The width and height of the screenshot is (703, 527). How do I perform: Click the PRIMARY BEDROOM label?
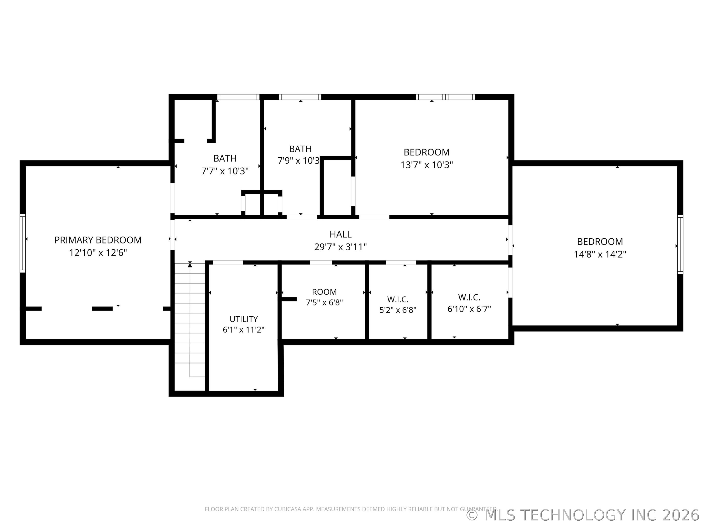pos(98,240)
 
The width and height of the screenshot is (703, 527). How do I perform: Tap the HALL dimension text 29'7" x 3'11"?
pos(340,247)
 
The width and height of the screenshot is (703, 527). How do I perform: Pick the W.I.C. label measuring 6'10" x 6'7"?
pos(469,298)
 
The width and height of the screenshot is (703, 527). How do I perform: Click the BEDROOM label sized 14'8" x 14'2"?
pos(600,242)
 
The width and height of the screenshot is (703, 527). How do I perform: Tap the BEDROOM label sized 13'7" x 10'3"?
pos(426,152)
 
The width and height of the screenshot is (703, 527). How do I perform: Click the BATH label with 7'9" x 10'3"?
pos(300,149)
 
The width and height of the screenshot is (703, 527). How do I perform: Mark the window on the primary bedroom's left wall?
pos(22,243)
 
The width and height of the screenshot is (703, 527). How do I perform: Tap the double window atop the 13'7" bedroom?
pos(445,97)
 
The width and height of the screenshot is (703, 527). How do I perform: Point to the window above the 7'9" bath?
pos(300,97)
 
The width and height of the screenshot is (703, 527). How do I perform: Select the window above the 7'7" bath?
pos(238,97)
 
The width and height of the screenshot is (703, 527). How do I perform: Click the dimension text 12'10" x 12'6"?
pos(98,253)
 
